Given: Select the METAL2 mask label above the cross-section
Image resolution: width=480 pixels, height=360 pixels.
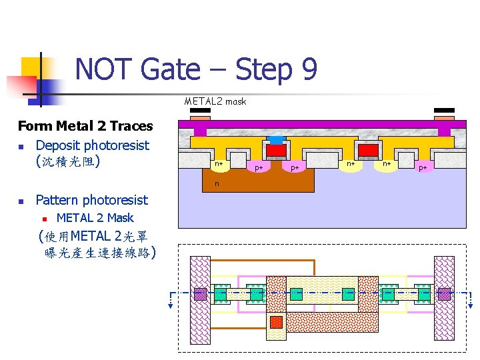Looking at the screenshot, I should click(x=215, y=101).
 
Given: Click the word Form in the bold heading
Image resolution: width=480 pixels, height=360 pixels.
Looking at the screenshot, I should click(x=35, y=126).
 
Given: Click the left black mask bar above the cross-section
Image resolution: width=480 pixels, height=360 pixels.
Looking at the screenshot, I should click(x=200, y=111).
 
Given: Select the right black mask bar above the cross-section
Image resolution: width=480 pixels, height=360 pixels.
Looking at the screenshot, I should click(x=444, y=111).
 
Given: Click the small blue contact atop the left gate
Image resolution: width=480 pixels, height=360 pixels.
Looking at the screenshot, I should click(x=276, y=139).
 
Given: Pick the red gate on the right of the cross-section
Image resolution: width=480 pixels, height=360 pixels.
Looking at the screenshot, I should click(x=368, y=149).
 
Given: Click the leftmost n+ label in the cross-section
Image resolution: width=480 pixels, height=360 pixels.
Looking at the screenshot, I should click(x=219, y=163).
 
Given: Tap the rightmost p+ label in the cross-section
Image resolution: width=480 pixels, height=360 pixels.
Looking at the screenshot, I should click(x=423, y=167).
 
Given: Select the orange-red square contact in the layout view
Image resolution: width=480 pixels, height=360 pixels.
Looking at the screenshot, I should click(x=276, y=322).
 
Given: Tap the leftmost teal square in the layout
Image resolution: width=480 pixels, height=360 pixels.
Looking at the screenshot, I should click(x=221, y=293).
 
